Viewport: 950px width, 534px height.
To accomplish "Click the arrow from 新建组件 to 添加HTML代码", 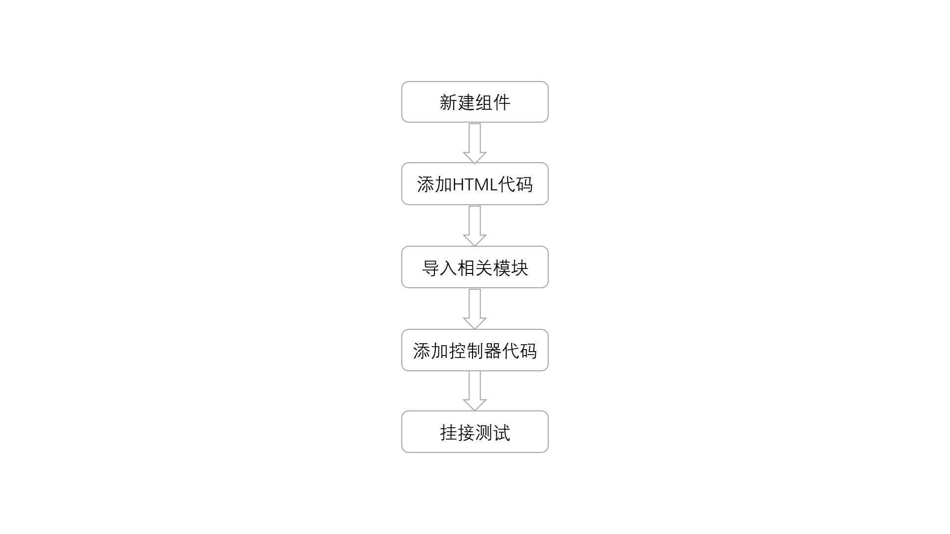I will (x=475, y=143).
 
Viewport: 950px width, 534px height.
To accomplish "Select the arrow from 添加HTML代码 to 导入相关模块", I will (x=475, y=225).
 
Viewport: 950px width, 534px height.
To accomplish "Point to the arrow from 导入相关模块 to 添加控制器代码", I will (x=475, y=309).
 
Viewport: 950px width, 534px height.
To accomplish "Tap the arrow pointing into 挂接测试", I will (x=475, y=391).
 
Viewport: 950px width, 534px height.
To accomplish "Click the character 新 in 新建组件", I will (x=448, y=102).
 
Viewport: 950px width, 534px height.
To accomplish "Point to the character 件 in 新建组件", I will (x=502, y=102).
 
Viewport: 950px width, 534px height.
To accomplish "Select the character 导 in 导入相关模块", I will (x=430, y=268).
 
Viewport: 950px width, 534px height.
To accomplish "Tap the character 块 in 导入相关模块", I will (x=520, y=268).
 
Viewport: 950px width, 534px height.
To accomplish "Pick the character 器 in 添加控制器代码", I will (x=493, y=351).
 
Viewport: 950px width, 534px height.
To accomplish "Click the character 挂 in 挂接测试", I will (x=448, y=433).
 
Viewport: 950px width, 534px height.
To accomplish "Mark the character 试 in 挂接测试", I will (x=502, y=433).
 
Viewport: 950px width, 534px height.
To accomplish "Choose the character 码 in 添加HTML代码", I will (x=524, y=184).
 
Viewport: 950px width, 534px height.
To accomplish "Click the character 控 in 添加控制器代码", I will (x=457, y=351).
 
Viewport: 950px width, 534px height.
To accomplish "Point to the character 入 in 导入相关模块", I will (x=448, y=268).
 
